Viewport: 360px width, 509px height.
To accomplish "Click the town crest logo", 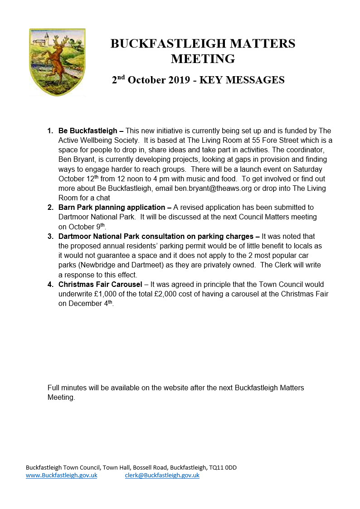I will coord(57,62).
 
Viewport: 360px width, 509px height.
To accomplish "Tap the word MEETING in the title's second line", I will coord(203,59).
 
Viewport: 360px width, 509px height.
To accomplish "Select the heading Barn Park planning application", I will coord(112,208).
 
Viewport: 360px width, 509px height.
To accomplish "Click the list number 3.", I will coord(50,236).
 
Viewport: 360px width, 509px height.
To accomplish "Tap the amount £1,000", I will coord(107,294).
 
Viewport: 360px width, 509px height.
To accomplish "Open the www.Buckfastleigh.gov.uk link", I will coord(62,475).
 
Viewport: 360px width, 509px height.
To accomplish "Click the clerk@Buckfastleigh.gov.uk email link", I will coord(162,475).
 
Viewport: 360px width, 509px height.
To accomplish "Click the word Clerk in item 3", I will coord(284,265).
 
